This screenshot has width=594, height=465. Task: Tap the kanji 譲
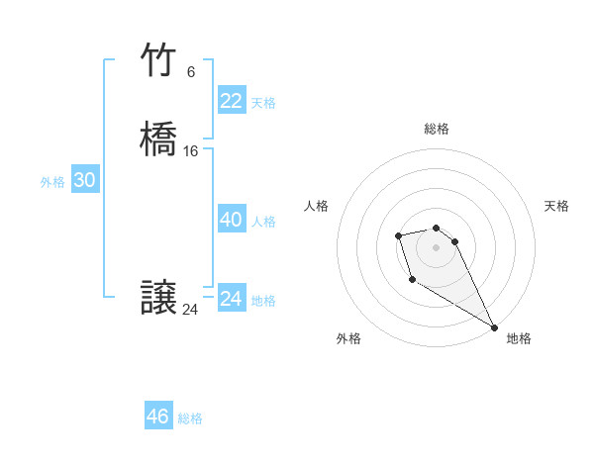coord(158,299)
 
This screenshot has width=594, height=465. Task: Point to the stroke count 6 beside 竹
coord(190,72)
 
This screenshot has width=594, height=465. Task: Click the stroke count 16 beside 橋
coord(190,151)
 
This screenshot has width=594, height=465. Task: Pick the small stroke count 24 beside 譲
coord(190,310)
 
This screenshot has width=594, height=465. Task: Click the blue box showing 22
coord(231,101)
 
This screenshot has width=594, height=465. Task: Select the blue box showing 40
coord(231,220)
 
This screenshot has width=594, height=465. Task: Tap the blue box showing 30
coord(85,180)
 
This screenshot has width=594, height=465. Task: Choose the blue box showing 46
coord(157,417)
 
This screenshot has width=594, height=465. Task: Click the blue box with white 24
coord(231,299)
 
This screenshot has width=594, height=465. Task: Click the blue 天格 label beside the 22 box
coord(263,103)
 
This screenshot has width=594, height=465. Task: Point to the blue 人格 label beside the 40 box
coord(263,222)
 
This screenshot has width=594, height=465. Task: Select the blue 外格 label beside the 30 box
coord(52,182)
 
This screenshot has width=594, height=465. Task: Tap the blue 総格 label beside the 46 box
coord(190,418)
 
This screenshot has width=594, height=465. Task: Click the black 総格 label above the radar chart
coord(437,129)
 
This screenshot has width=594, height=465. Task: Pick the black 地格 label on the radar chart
coord(519,338)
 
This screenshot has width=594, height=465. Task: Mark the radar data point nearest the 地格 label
coord(494,327)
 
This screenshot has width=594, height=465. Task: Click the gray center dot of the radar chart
coord(437,246)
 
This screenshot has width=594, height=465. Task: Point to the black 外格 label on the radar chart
coord(347,338)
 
